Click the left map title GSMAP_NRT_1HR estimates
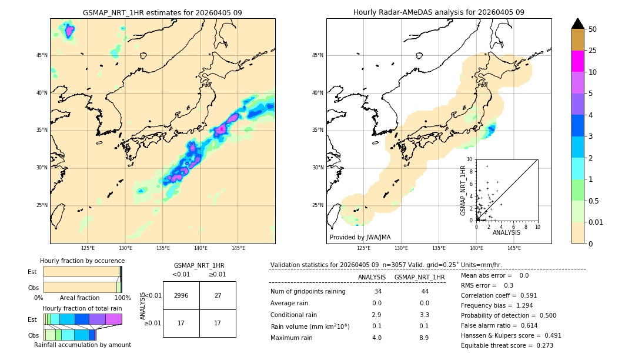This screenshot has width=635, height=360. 162,12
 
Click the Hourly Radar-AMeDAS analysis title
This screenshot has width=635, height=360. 439,12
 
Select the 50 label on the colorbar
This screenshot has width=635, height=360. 593,29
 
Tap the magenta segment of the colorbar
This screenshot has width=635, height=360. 577,61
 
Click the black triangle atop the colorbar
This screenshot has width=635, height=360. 577,24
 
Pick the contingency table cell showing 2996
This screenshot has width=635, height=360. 181,295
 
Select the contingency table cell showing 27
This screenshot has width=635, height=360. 218,295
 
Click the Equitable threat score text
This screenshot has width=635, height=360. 507,345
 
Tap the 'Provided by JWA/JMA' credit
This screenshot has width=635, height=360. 360,238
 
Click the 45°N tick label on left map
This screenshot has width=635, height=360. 42,55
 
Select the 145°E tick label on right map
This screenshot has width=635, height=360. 514,249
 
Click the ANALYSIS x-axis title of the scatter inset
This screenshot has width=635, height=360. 506,232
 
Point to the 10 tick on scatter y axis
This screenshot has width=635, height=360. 470,159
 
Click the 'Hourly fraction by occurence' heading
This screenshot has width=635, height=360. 82,261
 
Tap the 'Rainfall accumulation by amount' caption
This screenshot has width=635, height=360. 82,345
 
